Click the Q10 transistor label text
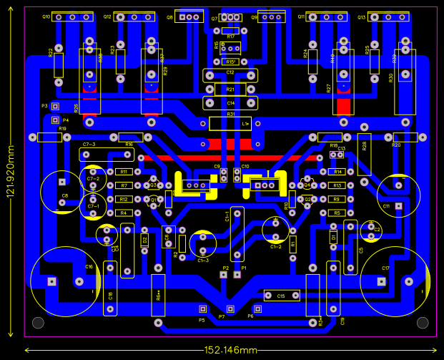pyautogui.click(x=46, y=16)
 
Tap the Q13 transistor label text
pyautogui.click(x=362, y=16)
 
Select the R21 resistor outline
pyautogui.click(x=230, y=89)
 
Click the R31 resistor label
pyautogui.click(x=230, y=115)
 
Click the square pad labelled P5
pyautogui.click(x=202, y=309)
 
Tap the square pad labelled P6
pyautogui.click(x=259, y=309)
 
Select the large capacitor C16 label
pyautogui.click(x=89, y=267)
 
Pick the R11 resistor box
pyautogui.click(x=123, y=172)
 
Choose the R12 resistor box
pyautogui.click(x=123, y=199)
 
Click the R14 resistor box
pyautogui.click(x=337, y=172)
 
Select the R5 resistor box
pyautogui.click(x=337, y=213)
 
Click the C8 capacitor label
pyautogui.click(x=64, y=195)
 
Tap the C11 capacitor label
pyautogui.click(x=386, y=205)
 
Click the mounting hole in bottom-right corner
pyautogui.click(x=422, y=322)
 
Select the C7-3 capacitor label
pyautogui.click(x=89, y=145)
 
